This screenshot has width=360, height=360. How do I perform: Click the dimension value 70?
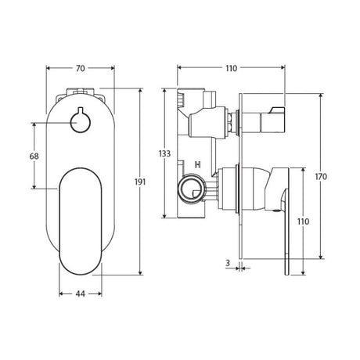(x=81, y=68)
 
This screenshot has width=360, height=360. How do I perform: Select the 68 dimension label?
(x=34, y=157)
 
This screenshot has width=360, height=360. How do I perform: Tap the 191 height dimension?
(x=140, y=182)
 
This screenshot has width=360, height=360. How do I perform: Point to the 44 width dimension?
(x=81, y=293)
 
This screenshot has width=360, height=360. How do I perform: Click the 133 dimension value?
(x=164, y=153)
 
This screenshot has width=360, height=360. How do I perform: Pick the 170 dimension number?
(x=321, y=177)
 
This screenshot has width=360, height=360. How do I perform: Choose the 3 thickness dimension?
(x=228, y=263)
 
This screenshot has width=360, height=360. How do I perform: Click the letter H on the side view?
(x=198, y=164)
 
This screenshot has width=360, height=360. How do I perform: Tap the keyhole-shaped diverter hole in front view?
(x=81, y=121)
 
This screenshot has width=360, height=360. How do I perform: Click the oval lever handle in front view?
(x=81, y=221)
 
